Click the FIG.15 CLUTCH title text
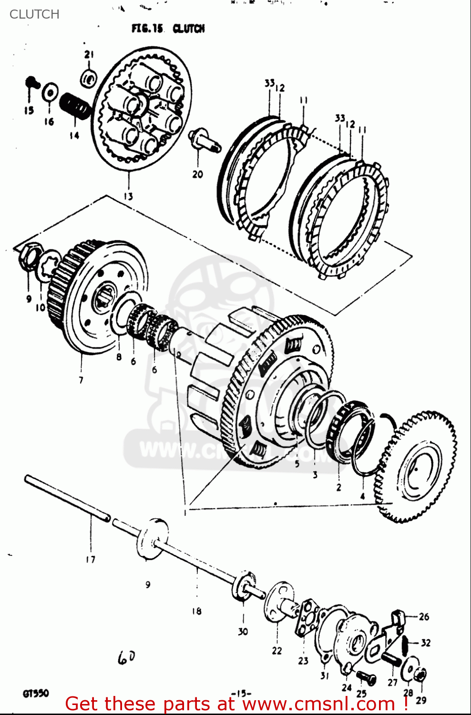(168, 29)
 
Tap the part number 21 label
(89, 54)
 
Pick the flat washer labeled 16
(50, 92)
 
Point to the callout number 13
(128, 196)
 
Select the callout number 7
(81, 380)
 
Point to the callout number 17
(91, 559)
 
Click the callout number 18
(196, 611)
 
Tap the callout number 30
(243, 632)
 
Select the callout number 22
(277, 651)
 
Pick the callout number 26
(424, 616)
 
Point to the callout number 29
(421, 700)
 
